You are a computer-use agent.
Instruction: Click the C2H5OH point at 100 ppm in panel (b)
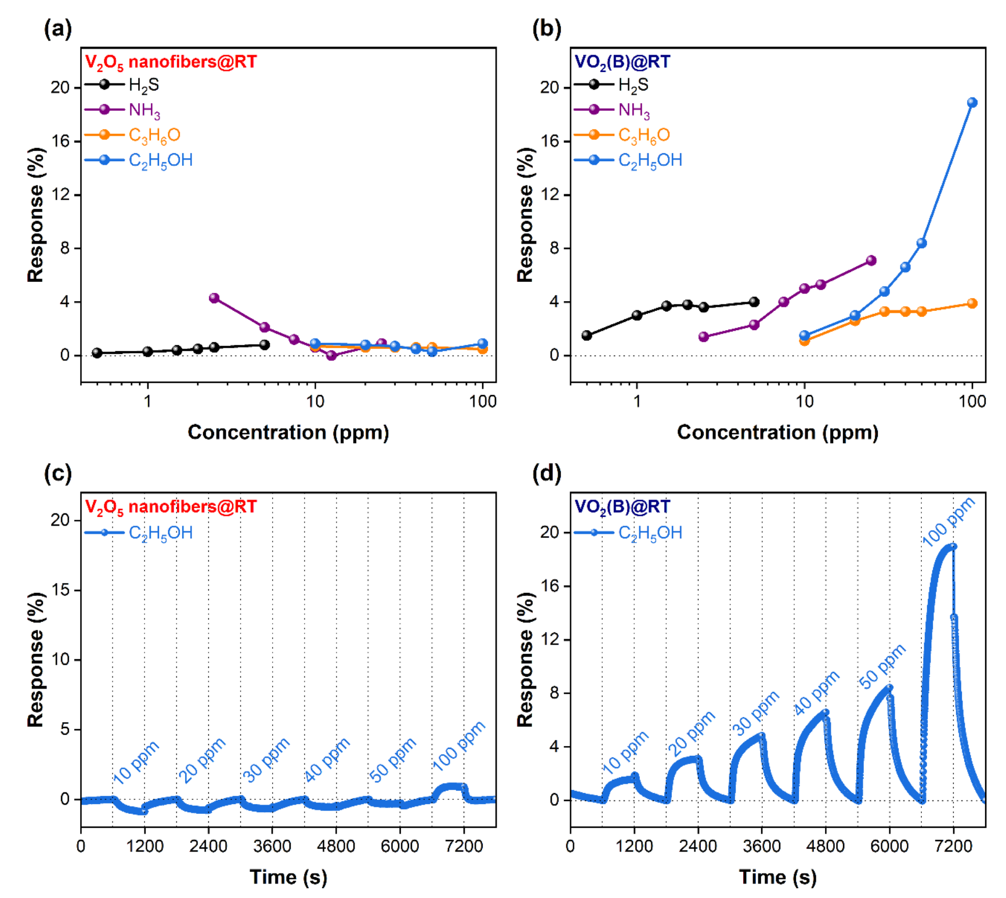(x=972, y=103)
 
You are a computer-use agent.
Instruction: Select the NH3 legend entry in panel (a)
(x=144, y=110)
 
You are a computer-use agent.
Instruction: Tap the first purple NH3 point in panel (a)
(x=214, y=298)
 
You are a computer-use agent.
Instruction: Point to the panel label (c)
(x=58, y=473)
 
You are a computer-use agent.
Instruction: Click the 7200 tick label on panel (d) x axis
(x=953, y=846)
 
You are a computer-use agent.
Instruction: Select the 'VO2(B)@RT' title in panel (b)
(x=622, y=62)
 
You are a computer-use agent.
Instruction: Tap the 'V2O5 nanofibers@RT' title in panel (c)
(x=171, y=507)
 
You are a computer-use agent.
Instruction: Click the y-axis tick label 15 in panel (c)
(x=61, y=590)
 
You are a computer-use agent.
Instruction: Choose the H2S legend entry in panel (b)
(x=633, y=85)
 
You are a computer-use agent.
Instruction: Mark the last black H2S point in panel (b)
(x=754, y=302)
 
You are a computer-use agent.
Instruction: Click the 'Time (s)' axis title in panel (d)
(x=777, y=877)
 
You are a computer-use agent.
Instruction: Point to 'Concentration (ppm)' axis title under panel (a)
(x=288, y=432)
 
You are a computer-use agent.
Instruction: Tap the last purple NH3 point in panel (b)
(x=871, y=261)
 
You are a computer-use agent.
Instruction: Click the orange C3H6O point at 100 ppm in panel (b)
(x=972, y=303)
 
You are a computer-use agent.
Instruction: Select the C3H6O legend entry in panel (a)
(x=154, y=135)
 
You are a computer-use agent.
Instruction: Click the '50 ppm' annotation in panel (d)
(x=882, y=667)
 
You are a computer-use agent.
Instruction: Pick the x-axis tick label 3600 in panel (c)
(x=272, y=846)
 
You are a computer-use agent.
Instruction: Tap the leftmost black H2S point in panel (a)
(x=97, y=353)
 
